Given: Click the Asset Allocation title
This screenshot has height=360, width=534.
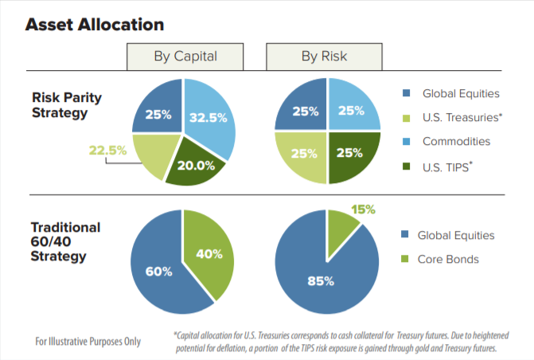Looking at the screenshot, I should coord(95,25).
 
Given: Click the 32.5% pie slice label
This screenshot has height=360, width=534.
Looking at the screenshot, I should coord(209,117).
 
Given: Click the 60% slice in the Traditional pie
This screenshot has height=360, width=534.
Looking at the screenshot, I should coord(159,272).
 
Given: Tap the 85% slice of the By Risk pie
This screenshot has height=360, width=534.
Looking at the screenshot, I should coord(322,281).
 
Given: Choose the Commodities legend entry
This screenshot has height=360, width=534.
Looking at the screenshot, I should coord(456,142).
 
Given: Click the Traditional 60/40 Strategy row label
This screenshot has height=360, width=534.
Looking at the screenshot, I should coord(67,241).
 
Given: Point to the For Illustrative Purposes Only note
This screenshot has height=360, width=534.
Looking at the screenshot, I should coord(88,341).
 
